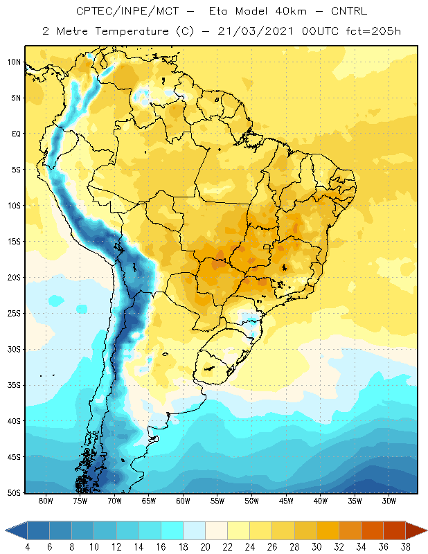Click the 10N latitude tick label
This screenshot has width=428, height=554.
[14, 62]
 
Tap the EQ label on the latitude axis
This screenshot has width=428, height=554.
[16, 134]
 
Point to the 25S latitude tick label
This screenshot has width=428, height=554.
[14, 314]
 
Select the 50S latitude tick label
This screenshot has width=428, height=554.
[14, 492]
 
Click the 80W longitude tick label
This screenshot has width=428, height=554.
[46, 501]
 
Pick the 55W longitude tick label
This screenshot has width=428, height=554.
[217, 501]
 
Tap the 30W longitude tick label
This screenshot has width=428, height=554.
[389, 501]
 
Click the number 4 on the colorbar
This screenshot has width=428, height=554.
[28, 547]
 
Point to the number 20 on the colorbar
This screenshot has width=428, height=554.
[205, 547]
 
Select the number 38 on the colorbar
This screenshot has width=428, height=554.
[405, 547]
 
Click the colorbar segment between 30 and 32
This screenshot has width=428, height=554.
[328, 530]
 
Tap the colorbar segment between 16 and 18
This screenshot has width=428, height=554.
[172, 530]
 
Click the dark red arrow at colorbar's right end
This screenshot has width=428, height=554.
[416, 530]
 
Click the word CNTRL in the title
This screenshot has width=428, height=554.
[349, 11]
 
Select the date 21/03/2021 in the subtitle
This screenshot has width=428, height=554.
[255, 31]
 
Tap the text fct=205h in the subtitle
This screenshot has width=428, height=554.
[373, 31]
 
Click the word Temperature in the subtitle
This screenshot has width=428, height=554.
[132, 32]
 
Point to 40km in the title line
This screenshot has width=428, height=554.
[291, 11]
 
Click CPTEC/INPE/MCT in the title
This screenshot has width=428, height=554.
[127, 11]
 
